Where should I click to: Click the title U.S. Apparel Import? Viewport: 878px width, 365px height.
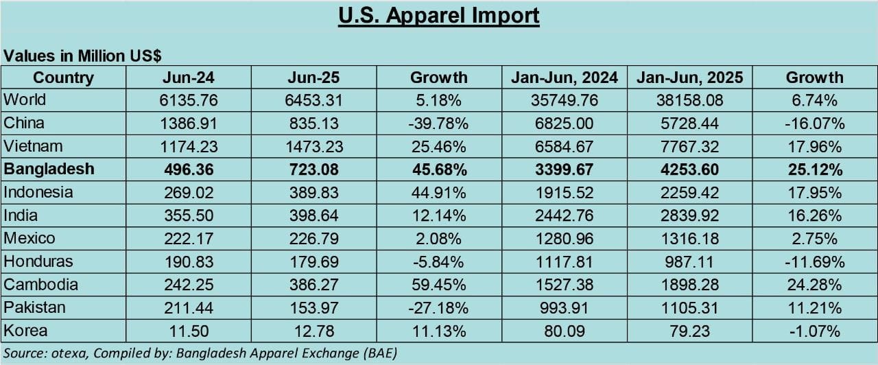pyautogui.click(x=439, y=16)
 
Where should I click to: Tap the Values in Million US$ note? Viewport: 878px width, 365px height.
pyautogui.click(x=83, y=56)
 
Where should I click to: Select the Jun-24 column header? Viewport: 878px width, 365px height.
pyautogui.click(x=188, y=78)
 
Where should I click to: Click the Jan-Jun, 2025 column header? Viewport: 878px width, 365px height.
pyautogui.click(x=689, y=78)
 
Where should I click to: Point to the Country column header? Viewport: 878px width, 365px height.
pyautogui.click(x=63, y=78)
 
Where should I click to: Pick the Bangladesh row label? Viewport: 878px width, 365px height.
pyautogui.click(x=49, y=169)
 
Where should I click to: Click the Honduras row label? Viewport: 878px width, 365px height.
pyautogui.click(x=38, y=261)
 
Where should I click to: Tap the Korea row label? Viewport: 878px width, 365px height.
pyautogui.click(x=26, y=331)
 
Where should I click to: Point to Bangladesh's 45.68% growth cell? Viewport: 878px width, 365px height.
pyautogui.click(x=439, y=169)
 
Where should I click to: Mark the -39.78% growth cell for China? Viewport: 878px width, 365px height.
pyautogui.click(x=439, y=123)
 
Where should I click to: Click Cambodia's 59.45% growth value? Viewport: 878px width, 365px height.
pyautogui.click(x=439, y=285)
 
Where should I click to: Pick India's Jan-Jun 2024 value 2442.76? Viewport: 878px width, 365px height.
pyautogui.click(x=565, y=215)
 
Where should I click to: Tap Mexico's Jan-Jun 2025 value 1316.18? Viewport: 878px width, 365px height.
pyautogui.click(x=689, y=239)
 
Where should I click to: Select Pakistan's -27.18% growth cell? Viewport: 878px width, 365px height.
pyautogui.click(x=439, y=308)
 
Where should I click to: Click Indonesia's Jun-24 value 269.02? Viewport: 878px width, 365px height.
pyautogui.click(x=188, y=193)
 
